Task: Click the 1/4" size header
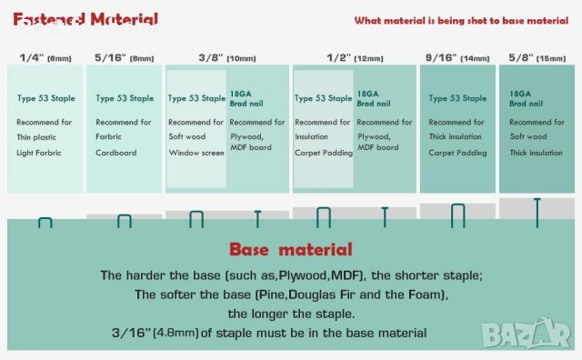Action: click(x=44, y=56)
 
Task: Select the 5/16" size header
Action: click(x=124, y=56)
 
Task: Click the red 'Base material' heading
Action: click(x=290, y=249)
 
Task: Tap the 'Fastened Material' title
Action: click(x=85, y=19)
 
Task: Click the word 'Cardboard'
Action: click(x=115, y=153)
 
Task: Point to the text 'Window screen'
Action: click(x=196, y=153)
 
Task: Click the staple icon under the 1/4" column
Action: click(x=45, y=221)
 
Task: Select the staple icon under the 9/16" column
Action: click(x=458, y=216)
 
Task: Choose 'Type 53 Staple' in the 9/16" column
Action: click(x=456, y=98)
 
